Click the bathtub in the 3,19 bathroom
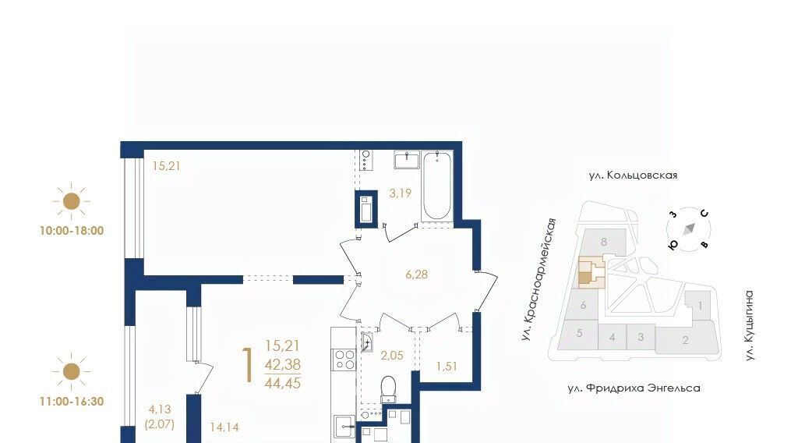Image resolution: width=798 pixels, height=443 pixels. coord(436,186)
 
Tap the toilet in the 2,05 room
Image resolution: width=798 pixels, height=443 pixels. coord(388,389)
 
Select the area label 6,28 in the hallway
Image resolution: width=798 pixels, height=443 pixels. coord(416,275)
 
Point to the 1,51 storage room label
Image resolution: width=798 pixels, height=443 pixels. coord(447,366)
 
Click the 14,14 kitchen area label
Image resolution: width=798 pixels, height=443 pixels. coord(224,427)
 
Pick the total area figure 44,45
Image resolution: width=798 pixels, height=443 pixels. coord(282,383)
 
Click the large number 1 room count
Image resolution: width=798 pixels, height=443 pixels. coord(249,365)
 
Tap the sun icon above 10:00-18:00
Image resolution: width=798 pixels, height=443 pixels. coord(71,201)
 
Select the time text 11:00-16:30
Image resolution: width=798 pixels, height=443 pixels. coord(72,401)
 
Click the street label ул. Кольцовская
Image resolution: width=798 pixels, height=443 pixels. coord(633,175)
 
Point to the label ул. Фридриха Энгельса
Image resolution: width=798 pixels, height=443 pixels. coord(634,388)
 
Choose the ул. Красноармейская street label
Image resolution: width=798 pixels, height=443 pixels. coord(538,279)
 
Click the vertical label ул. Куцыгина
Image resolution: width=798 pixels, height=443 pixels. coord(749,326)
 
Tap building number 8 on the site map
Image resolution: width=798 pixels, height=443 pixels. coord(604,242)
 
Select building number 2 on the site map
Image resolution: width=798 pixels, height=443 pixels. coord(686,340)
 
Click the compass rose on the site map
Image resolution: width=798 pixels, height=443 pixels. coord(689,229)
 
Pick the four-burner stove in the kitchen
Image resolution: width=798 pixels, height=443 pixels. coord(344,359)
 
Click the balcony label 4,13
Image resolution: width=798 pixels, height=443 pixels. coord(160,409)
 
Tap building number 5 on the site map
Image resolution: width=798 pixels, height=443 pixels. coord(579,334)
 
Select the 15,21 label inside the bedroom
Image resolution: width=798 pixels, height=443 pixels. coord(167,166)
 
